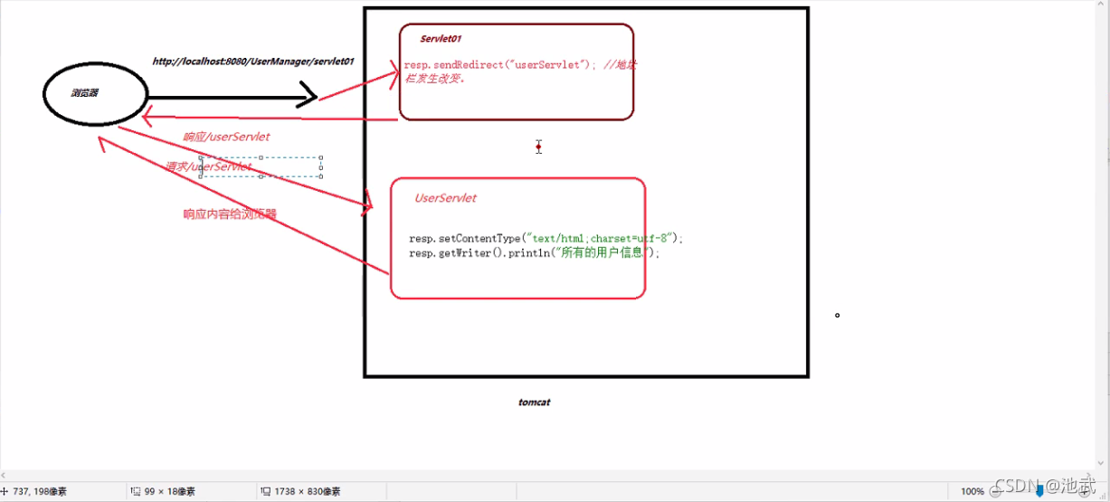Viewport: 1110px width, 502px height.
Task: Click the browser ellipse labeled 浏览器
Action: (95, 94)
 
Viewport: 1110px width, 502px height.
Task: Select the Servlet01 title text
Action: (441, 39)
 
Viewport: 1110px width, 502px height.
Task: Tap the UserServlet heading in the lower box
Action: (445, 198)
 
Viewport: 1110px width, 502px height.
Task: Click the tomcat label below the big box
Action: (535, 402)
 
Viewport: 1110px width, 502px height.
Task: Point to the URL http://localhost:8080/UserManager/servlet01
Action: (253, 62)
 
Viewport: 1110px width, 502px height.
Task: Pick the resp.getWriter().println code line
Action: (534, 253)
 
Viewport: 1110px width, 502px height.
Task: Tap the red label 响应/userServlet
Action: (226, 137)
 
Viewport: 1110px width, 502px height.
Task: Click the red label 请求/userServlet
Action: (208, 166)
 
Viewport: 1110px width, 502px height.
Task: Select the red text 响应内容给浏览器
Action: (230, 214)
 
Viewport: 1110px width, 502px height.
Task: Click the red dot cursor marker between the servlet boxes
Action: (538, 146)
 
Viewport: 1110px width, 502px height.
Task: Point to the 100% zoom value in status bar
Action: (972, 491)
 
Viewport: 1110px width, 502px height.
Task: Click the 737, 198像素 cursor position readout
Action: (40, 491)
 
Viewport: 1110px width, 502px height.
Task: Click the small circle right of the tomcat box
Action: (838, 316)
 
